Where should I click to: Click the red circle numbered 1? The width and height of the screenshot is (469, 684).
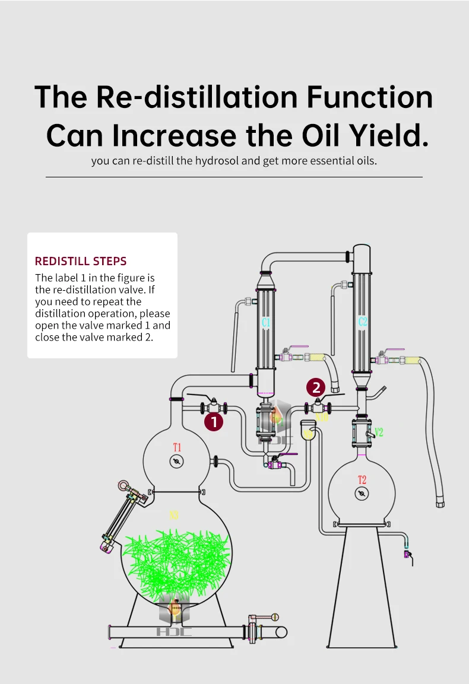[214, 422]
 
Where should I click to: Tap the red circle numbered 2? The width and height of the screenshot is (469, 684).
[316, 388]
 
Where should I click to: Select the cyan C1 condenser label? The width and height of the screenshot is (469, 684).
[266, 323]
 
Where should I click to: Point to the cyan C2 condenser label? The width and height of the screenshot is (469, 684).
[363, 322]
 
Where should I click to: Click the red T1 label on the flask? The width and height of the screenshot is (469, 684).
[177, 447]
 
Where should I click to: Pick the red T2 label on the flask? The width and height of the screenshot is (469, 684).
[362, 480]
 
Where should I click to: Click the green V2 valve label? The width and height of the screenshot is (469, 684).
[379, 432]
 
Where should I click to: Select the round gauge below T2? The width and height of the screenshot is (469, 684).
[361, 494]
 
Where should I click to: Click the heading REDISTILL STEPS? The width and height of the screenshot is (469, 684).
[81, 261]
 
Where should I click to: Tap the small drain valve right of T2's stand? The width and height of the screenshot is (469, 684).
[408, 554]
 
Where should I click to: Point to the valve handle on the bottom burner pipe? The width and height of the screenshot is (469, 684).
[265, 618]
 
